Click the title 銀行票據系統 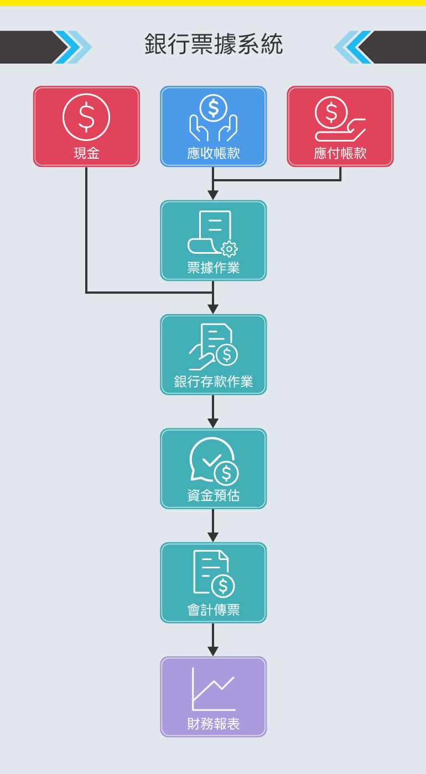coord(214,44)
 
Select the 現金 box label coord(86,153)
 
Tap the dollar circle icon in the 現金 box coord(86,117)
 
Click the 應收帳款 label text coord(214,153)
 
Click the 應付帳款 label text coord(340,153)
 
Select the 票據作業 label coord(214,268)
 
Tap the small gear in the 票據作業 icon coord(229,249)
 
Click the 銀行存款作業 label coord(214,381)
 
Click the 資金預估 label coord(214,495)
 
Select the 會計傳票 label coord(214,610)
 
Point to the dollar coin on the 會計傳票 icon coord(223,585)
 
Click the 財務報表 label coord(214,724)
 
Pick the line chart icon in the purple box coord(214,689)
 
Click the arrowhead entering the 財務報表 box coord(213,651)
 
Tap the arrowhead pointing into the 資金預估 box coord(213,423)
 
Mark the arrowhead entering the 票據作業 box coord(213,195)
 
